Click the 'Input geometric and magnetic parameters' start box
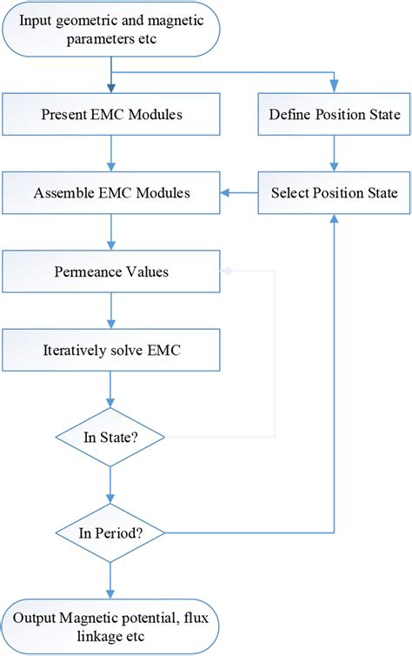(110, 30)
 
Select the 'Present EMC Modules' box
(110, 113)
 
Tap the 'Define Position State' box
(335, 113)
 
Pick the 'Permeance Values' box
(110, 271)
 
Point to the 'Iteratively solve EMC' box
(110, 353)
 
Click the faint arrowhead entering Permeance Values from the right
(224, 271)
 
